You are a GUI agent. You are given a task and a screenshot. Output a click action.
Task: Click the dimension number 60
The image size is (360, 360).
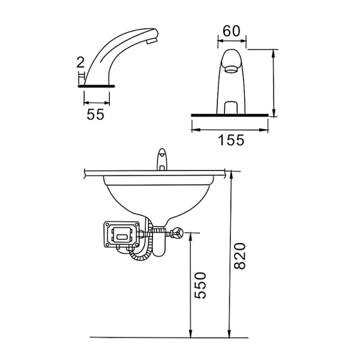point(232,31)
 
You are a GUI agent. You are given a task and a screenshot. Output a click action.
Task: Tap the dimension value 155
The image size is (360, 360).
point(231,140)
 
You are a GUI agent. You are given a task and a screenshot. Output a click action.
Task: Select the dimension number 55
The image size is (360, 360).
point(95,114)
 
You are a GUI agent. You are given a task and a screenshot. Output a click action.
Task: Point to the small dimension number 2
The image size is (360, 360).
point(80,62)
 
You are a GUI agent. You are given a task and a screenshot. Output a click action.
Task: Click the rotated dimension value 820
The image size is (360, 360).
point(240,256)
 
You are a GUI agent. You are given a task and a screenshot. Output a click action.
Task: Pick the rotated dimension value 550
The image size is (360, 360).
point(200,286)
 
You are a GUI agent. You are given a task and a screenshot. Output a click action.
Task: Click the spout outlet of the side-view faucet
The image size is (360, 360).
point(152,41)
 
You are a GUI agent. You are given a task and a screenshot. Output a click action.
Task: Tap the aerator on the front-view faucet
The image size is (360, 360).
point(232,69)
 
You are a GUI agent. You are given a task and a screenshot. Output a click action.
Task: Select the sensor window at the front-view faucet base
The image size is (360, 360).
point(232,107)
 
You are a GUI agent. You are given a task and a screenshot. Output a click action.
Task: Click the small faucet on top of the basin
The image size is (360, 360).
point(163,160)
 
